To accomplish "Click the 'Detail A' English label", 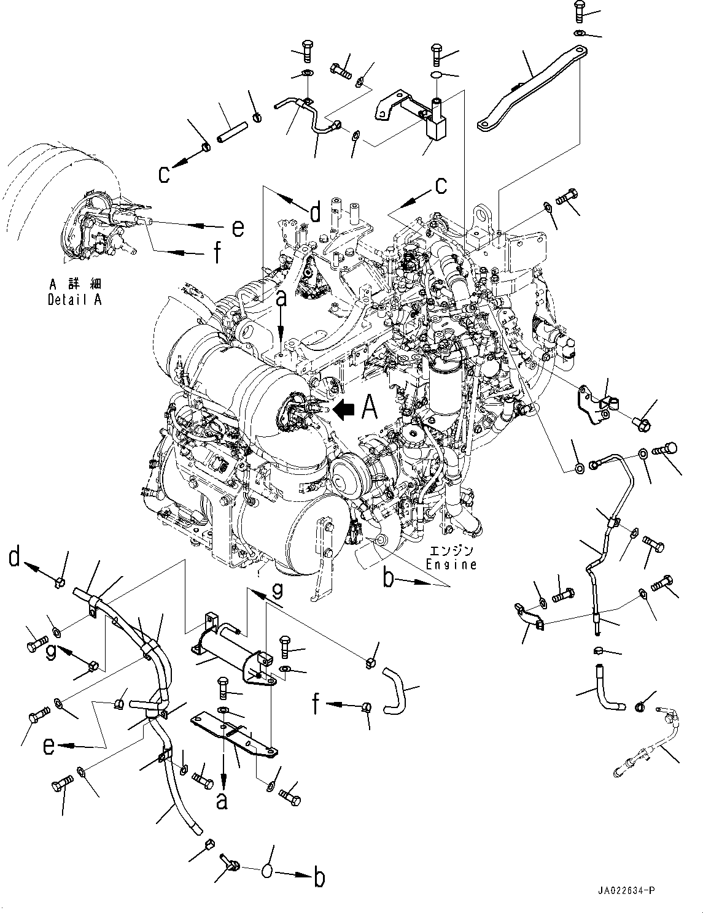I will pyautogui.click(x=74, y=299).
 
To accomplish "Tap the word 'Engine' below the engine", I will pyautogui.click(x=452, y=564).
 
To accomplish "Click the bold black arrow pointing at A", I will pyautogui.click(x=346, y=408).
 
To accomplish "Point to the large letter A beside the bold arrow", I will pyautogui.click(x=369, y=407).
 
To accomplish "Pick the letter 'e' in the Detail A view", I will pyautogui.click(x=238, y=228).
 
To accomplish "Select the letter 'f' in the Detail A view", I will pyautogui.click(x=216, y=252).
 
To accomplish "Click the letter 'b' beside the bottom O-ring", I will pyautogui.click(x=319, y=877).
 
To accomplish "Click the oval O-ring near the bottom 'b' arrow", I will pyautogui.click(x=270, y=870).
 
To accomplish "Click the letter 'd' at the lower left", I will pyautogui.click(x=17, y=559).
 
